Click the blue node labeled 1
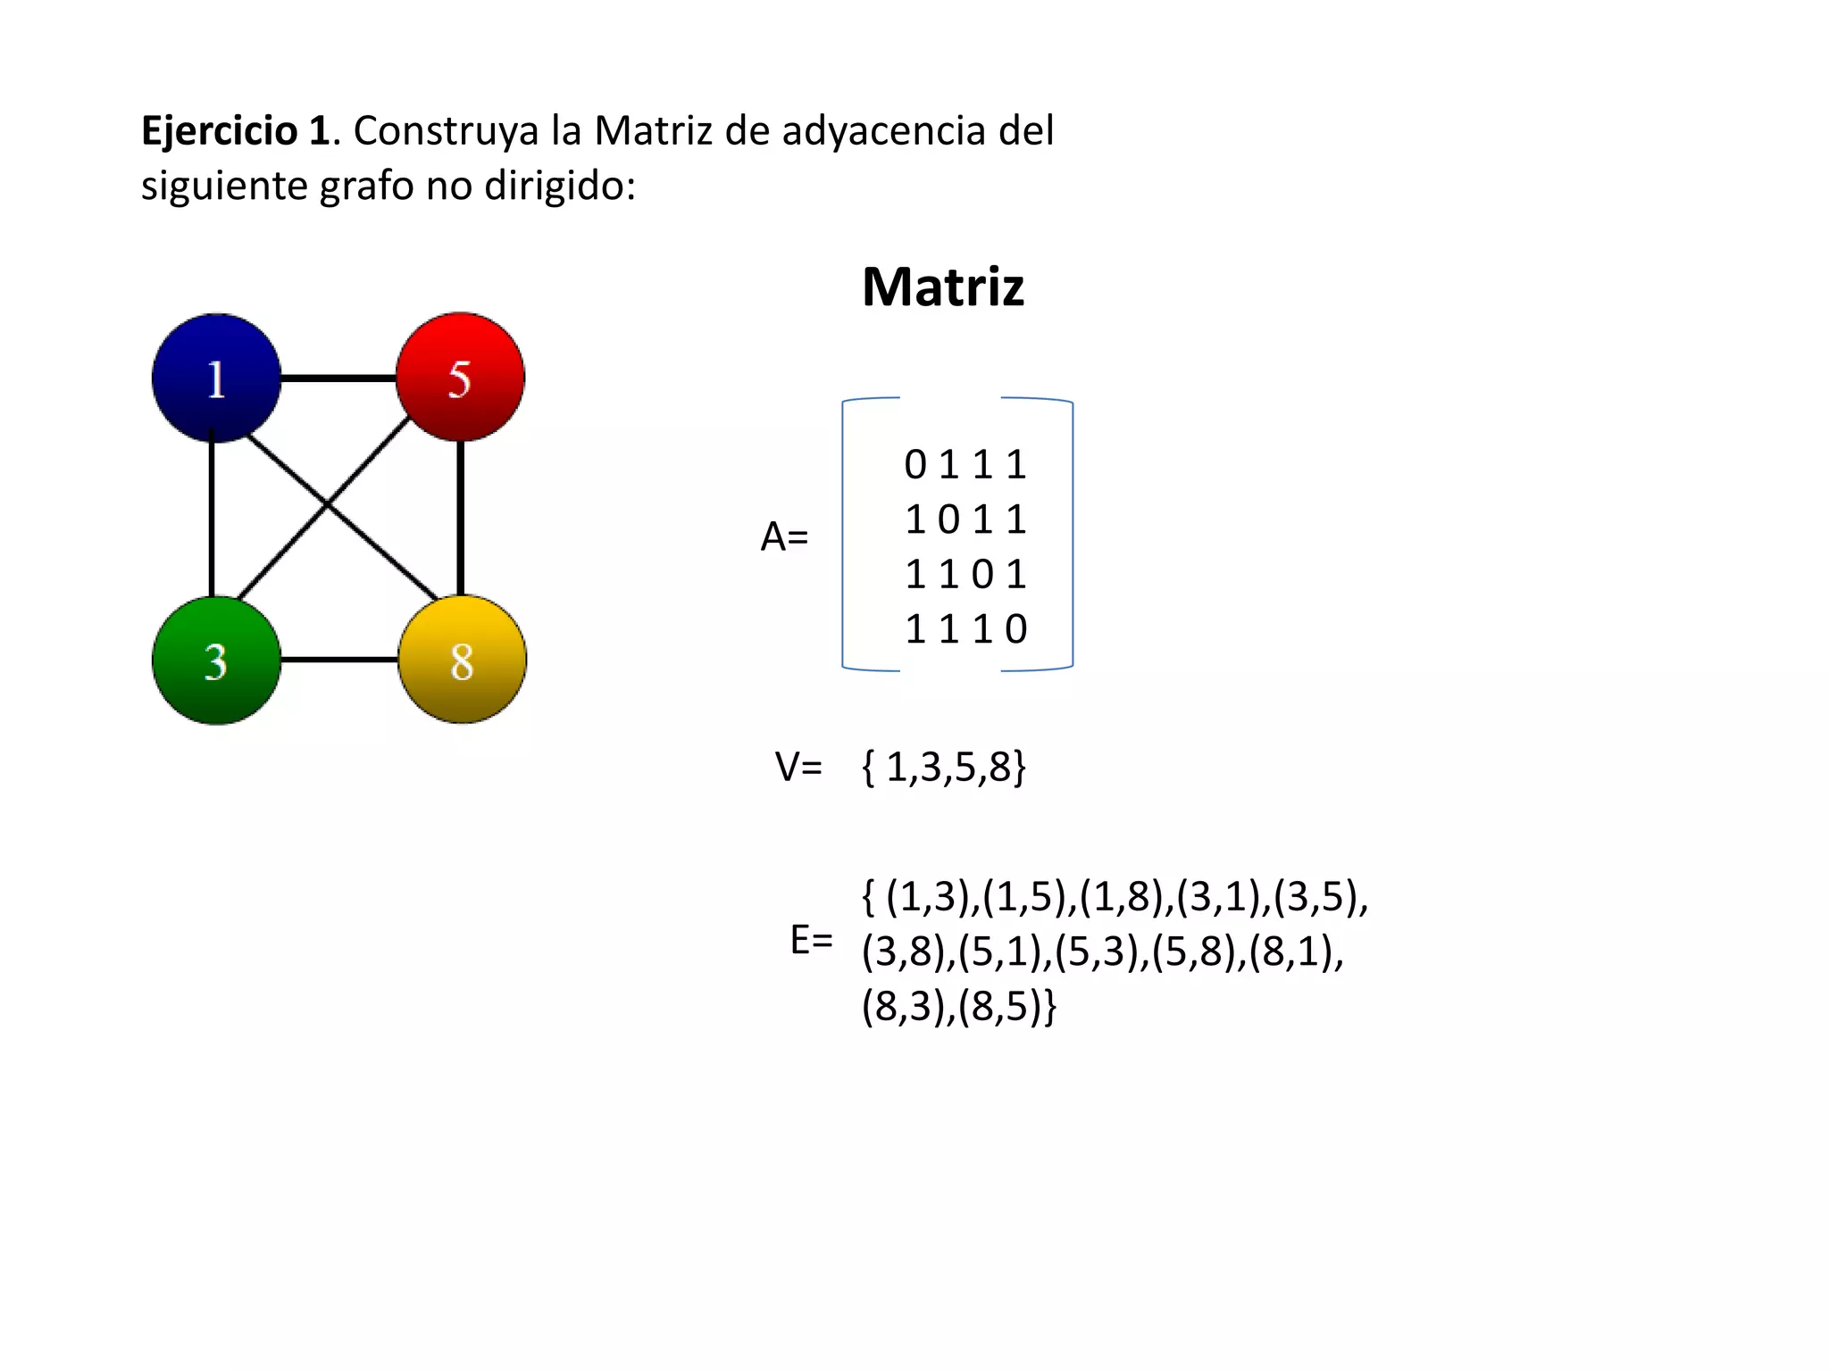[216, 378]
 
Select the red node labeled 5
[460, 377]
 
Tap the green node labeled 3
[216, 661]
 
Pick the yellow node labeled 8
[462, 660]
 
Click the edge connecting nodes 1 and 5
[338, 378]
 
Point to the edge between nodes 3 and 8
[339, 660]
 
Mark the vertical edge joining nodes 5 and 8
[460, 518]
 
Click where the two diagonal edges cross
[328, 505]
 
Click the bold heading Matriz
[942, 287]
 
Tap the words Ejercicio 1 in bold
[236, 131]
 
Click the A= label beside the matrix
[784, 537]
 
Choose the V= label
[798, 767]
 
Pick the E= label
[811, 940]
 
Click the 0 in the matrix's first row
[915, 465]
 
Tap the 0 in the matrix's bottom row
[1016, 629]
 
